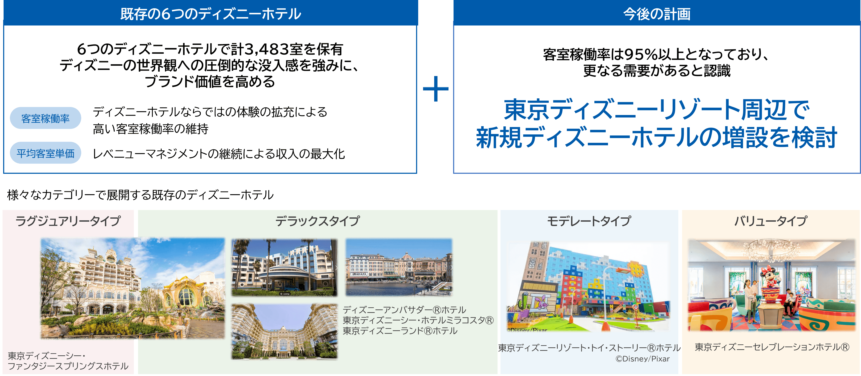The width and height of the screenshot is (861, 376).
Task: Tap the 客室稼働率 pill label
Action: point(45,118)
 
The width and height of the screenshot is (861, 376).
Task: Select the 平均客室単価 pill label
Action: point(45,153)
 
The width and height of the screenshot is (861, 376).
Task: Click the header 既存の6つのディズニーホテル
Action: point(211,14)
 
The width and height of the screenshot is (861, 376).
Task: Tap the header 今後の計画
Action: point(657,14)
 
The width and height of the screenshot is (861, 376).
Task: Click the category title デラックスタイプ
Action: point(318,221)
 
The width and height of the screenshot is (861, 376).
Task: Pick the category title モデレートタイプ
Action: point(589,221)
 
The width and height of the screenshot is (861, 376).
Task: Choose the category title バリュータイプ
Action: point(771,221)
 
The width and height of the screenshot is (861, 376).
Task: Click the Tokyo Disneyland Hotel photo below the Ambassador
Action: point(284,331)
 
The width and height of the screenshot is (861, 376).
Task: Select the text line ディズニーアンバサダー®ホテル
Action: point(405,310)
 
